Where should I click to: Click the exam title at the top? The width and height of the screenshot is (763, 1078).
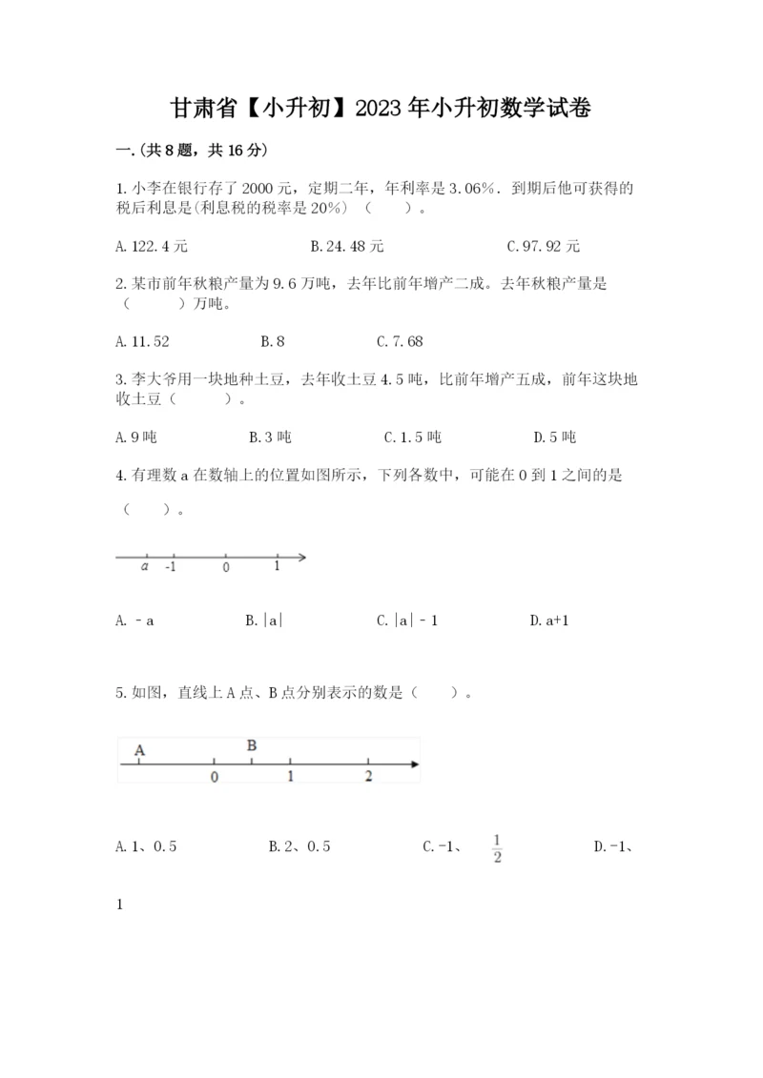381,109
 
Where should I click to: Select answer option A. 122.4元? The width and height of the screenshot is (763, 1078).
151,246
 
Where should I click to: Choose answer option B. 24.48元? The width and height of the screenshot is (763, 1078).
347,246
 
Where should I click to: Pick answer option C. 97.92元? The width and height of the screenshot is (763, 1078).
544,246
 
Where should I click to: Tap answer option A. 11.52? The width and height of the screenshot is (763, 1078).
142,340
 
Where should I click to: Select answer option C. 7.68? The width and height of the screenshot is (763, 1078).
400,340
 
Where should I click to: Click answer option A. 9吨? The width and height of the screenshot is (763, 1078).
135,437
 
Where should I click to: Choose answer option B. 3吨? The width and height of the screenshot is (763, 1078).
270,437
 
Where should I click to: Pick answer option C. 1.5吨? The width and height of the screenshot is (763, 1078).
413,437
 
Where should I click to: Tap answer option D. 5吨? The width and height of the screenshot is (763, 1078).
556,437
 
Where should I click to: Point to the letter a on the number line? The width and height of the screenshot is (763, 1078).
145,566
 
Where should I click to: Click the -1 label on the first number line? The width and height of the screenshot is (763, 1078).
171,566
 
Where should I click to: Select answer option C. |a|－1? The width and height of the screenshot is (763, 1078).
407,620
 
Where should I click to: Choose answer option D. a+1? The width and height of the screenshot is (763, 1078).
549,620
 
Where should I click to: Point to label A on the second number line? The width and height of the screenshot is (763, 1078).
140,750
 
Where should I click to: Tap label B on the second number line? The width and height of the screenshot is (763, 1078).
252,745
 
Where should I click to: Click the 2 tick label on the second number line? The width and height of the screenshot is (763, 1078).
369,777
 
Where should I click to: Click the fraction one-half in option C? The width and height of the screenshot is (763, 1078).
497,845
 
